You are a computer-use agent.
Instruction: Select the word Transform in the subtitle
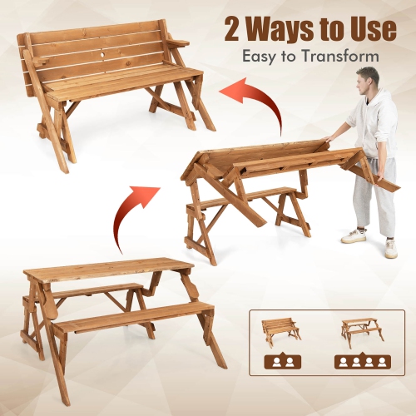pos(344,57)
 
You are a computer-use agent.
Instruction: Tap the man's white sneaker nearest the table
pos(354,236)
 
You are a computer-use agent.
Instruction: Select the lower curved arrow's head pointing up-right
pos(150,195)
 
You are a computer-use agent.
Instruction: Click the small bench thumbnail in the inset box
pos(280,331)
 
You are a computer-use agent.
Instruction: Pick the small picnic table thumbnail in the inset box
pos(359,329)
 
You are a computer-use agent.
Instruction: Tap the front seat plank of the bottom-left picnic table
pos(133,317)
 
